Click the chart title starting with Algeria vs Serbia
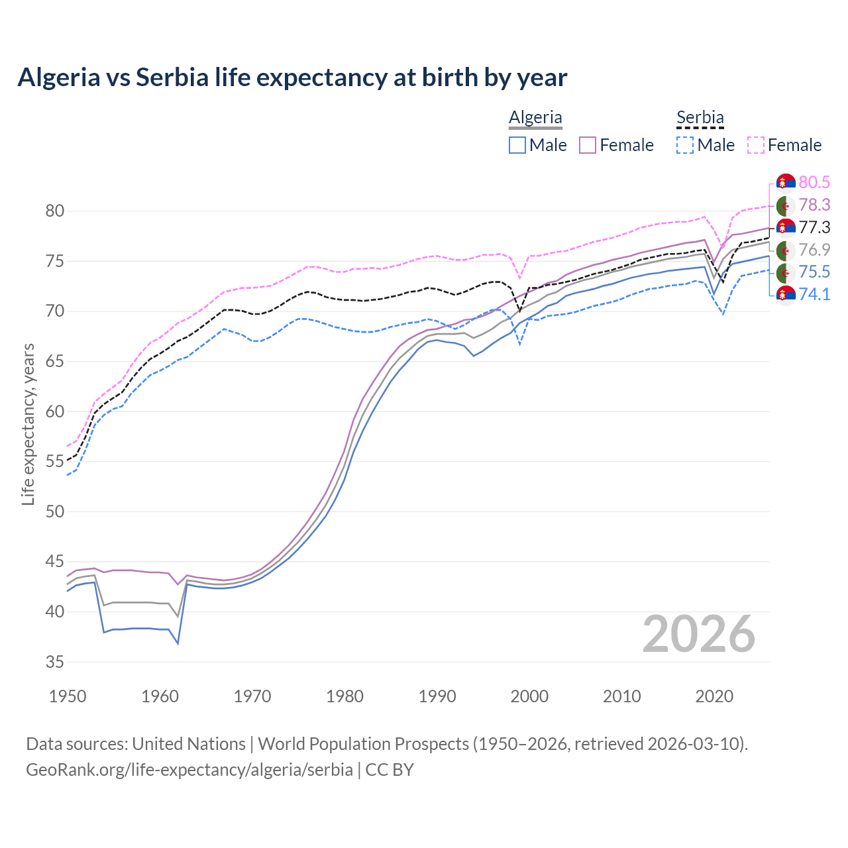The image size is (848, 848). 292,78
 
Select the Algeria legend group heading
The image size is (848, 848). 535,117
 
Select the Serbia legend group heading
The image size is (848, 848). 700,117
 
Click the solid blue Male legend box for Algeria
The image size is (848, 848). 517,145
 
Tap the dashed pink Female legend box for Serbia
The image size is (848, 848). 756,145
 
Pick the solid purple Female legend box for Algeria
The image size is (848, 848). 588,145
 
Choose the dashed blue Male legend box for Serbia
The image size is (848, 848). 686,145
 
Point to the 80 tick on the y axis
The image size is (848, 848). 54,211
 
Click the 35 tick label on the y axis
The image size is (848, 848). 54,662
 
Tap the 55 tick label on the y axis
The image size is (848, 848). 54,462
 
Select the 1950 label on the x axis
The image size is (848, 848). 68,696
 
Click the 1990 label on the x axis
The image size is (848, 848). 437,696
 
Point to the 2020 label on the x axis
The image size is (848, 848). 714,696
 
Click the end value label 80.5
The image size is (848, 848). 814,182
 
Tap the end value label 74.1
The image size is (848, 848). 814,294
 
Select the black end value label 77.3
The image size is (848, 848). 814,227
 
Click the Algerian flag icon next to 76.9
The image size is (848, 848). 786,250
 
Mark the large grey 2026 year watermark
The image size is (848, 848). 698,634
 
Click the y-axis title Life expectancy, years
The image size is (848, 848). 28,424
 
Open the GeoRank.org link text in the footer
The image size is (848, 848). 189,770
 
